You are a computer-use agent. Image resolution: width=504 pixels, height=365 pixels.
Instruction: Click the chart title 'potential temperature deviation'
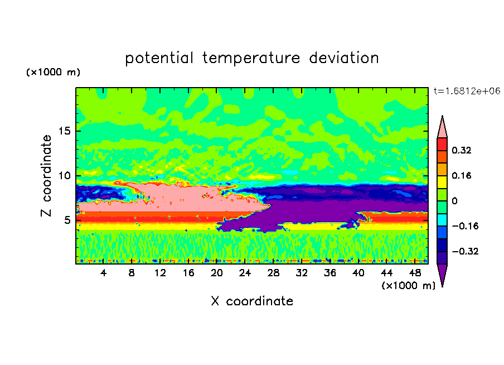pos(251,58)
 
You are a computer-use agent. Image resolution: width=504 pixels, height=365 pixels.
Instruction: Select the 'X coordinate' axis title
pos(252,301)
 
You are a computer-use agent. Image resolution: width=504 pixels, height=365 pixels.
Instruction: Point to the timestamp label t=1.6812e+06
pos(467,90)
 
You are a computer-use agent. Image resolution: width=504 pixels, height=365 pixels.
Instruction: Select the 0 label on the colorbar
pos(454,201)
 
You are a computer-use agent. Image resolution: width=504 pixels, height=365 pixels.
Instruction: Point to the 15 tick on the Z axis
pos(65,132)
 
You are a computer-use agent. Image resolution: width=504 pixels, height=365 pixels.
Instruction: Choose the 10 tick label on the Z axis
pos(65,176)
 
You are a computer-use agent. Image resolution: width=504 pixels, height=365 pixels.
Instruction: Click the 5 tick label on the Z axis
pos(68,220)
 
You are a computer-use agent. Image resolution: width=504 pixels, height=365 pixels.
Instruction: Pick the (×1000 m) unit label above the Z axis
pos(54,73)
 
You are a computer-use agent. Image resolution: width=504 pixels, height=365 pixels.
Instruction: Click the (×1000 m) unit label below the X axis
pos(408,286)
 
